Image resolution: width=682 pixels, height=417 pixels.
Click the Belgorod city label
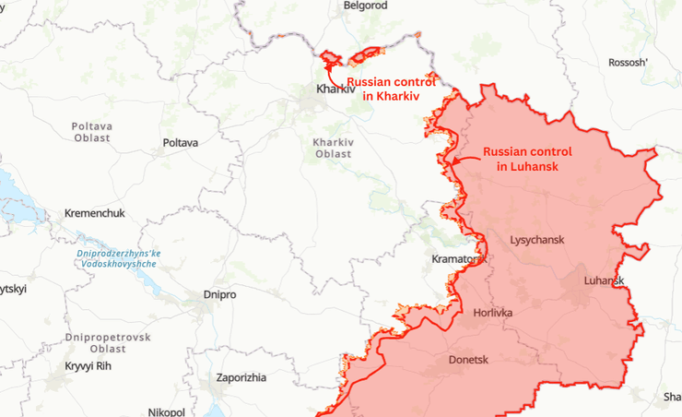coord(365,6)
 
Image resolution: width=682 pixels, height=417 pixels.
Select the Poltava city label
coord(180,142)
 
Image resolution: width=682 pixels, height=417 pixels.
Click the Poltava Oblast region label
coord(92,131)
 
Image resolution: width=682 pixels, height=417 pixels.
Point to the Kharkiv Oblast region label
coord(332,148)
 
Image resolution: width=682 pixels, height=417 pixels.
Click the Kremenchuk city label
coord(94,213)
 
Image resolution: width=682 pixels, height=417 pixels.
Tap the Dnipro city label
coord(219,294)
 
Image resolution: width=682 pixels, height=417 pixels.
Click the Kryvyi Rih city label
coord(91,366)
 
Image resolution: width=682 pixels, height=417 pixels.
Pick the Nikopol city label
coord(166,411)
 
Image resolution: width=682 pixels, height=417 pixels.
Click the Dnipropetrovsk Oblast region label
coord(108,343)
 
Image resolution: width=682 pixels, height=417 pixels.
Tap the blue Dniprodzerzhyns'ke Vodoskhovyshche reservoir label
coord(118,258)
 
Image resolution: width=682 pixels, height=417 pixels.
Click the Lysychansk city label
coord(536,240)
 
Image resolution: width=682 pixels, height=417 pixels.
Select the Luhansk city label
coord(604,280)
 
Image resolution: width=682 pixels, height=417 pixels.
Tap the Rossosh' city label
coord(629,63)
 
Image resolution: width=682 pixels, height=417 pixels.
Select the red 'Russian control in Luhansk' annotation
coord(527,159)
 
